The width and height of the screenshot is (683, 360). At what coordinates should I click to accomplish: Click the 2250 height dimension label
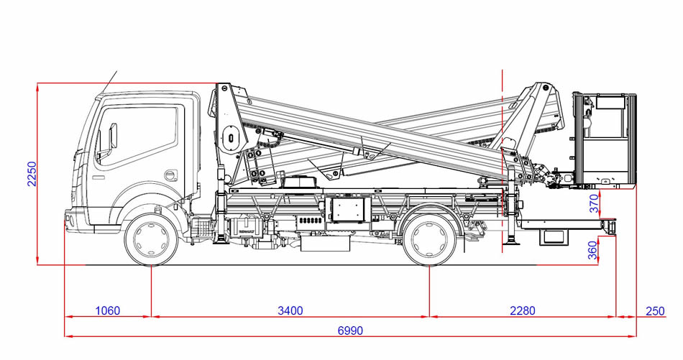point(32,174)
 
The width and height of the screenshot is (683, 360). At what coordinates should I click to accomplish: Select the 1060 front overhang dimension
point(107,311)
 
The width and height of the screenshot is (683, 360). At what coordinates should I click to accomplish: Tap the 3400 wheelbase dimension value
point(290,311)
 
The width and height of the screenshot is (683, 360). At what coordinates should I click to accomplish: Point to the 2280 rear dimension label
point(522,311)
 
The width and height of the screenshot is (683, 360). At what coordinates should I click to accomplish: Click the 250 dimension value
point(655,311)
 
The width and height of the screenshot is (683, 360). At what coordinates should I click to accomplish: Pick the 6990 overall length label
point(350,331)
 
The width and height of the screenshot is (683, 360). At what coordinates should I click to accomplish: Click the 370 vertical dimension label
point(595,204)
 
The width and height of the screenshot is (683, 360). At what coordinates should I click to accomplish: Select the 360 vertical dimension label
point(593,250)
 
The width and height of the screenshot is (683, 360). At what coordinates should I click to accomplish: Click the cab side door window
point(137,135)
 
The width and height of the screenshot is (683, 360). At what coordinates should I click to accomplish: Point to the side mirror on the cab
point(113,136)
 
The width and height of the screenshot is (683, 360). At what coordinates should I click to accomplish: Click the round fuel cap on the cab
point(171,175)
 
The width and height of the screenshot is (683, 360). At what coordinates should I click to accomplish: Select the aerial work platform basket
point(605,140)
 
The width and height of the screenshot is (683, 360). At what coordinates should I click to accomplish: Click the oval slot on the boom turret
point(231,138)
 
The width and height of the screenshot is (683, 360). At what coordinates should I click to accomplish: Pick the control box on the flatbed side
point(348,209)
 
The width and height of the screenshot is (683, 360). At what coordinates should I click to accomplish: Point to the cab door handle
point(98,177)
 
